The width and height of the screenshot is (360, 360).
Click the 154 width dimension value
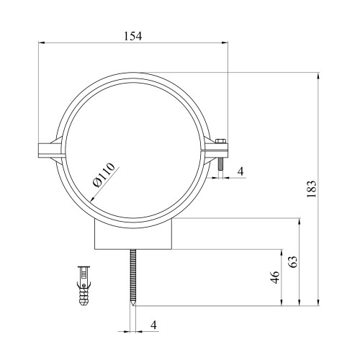[x=133, y=36]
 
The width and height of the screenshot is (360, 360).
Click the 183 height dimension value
[x=312, y=189]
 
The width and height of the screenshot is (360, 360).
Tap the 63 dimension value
[x=293, y=262]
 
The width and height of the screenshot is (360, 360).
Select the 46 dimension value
[x=274, y=277]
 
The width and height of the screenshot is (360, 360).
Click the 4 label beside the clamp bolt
[x=240, y=171]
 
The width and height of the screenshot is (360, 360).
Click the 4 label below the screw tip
[x=153, y=325]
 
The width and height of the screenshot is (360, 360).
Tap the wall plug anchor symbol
[x=84, y=286]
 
